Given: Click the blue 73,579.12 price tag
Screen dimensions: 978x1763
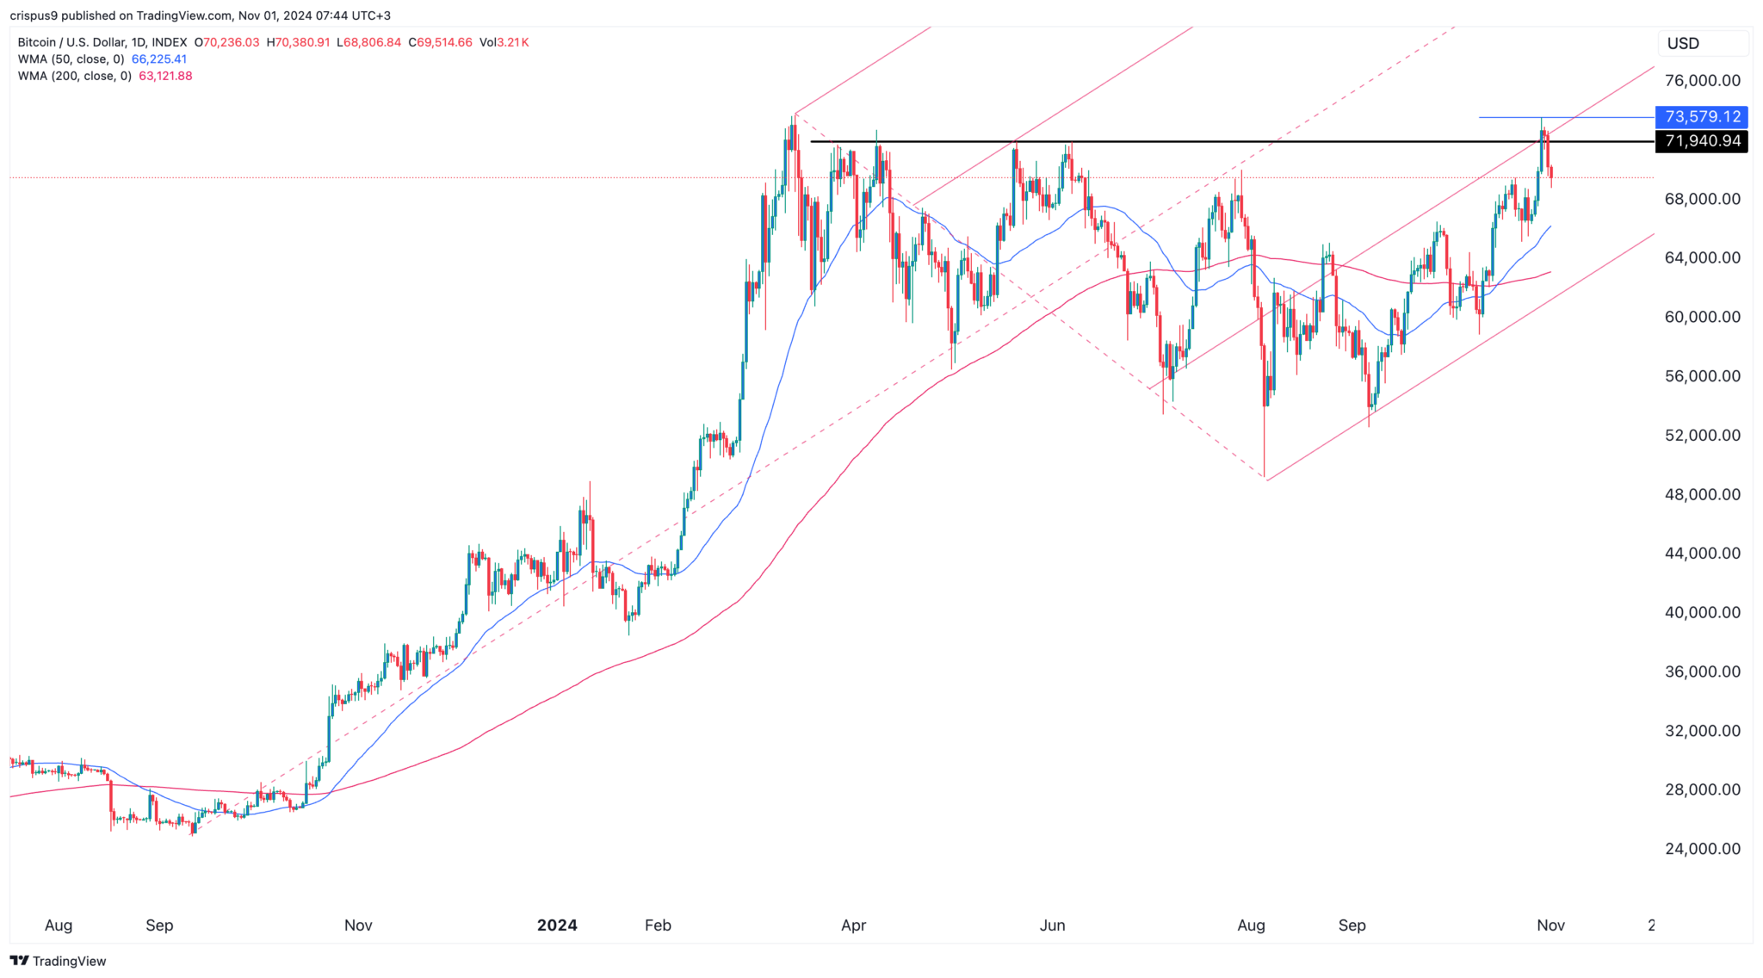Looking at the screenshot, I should point(1702,116).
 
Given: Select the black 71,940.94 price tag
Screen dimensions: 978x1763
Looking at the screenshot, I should point(1702,141).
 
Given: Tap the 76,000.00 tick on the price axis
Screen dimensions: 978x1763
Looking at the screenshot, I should point(1702,81).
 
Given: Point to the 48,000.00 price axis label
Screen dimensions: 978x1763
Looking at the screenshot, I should point(1702,494).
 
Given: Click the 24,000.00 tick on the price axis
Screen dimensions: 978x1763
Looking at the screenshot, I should point(1702,849).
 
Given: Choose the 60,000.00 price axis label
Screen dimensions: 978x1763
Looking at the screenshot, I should point(1702,317).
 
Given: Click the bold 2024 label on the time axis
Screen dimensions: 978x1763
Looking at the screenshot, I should point(557,925).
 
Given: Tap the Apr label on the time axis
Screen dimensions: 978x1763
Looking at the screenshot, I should point(853,925).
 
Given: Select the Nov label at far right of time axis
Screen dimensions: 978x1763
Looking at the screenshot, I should point(1550,925).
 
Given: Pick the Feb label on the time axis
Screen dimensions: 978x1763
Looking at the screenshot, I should point(658,925).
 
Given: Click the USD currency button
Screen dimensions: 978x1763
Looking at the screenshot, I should point(1683,44).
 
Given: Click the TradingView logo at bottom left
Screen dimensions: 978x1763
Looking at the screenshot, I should point(58,961).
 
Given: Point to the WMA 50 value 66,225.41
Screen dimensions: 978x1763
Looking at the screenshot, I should point(159,59).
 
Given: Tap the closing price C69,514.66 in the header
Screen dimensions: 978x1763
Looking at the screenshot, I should point(440,42).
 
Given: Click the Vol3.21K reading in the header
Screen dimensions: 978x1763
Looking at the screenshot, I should point(504,42).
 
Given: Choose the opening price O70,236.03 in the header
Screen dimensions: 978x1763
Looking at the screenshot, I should point(226,42).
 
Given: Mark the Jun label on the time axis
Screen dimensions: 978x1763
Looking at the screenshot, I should point(1052,925).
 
